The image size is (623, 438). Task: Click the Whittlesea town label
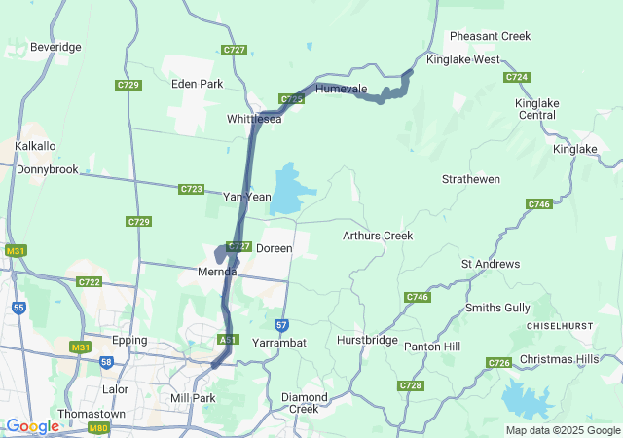pos(253,119)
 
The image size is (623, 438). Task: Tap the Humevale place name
pos(341,89)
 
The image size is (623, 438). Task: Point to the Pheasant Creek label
pos(490,36)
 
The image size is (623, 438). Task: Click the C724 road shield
pos(517,77)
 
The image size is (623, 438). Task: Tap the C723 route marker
pos(192,189)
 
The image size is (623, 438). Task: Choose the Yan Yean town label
pos(247,197)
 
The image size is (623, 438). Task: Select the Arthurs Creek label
pos(378,236)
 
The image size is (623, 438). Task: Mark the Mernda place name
pos(218,272)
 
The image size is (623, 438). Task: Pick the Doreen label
pos(274,249)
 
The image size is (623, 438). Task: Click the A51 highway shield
pos(228,339)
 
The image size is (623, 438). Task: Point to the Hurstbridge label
pos(367,341)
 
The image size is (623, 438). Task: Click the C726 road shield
pos(498,363)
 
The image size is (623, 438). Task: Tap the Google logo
pos(32,426)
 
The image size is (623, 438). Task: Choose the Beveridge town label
pos(55,47)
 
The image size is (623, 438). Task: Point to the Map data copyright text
pos(563,430)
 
